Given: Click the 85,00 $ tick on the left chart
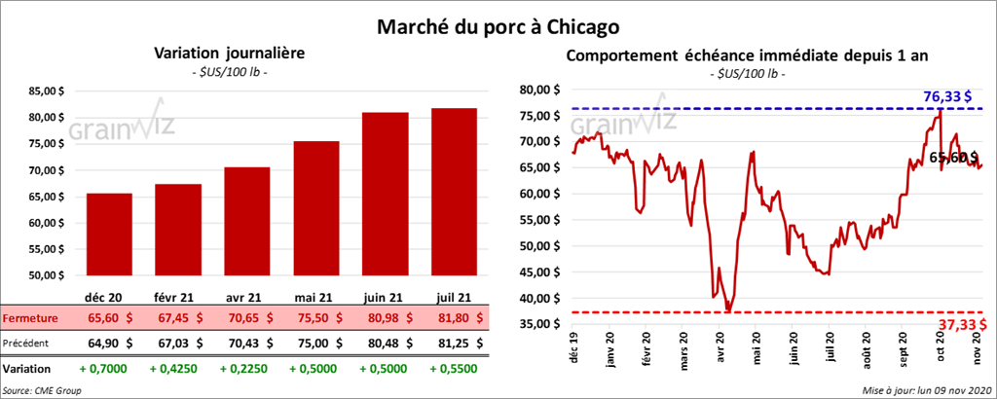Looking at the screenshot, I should [x=47, y=91].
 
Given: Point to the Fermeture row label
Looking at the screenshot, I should [x=30, y=317].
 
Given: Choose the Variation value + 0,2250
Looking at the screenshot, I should [x=249, y=370].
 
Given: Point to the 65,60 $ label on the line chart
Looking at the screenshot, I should [x=953, y=157].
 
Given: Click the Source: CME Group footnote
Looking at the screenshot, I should [x=42, y=389].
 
